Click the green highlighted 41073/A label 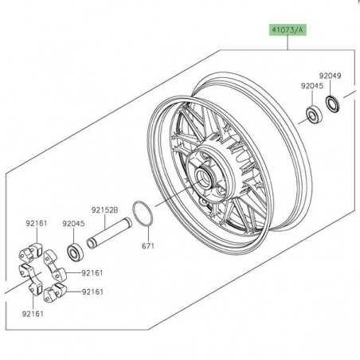point(288,30)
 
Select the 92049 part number point(330,76)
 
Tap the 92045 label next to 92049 point(312,86)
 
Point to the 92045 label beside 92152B point(73,224)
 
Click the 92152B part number point(104,210)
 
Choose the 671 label point(148,246)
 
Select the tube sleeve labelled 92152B point(109,233)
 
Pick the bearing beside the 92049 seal point(315,115)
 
